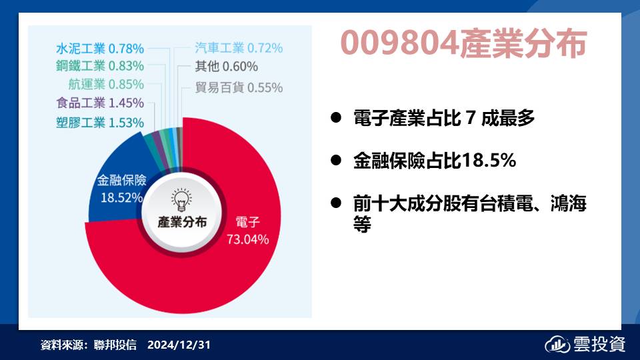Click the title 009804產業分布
(463, 43)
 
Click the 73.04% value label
(248, 239)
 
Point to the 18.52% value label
(121, 198)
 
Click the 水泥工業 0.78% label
(100, 49)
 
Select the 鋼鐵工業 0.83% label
(100, 66)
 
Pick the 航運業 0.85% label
(106, 85)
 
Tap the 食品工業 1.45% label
(100, 103)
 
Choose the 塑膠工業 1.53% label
(100, 123)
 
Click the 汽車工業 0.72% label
(239, 48)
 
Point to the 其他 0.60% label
(227, 66)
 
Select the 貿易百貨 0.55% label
(239, 87)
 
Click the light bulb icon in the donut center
(181, 199)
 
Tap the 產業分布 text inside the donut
(183, 222)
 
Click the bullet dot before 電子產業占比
(336, 118)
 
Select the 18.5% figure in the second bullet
(489, 161)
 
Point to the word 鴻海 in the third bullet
(568, 203)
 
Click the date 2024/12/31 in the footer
(179, 345)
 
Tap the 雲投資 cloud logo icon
(557, 345)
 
